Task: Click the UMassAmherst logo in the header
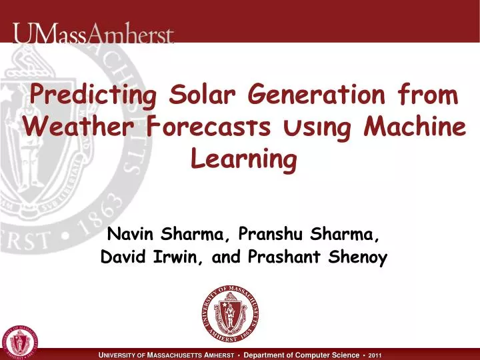[x=93, y=33]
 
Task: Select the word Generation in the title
[x=317, y=96]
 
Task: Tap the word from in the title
[x=431, y=96]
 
